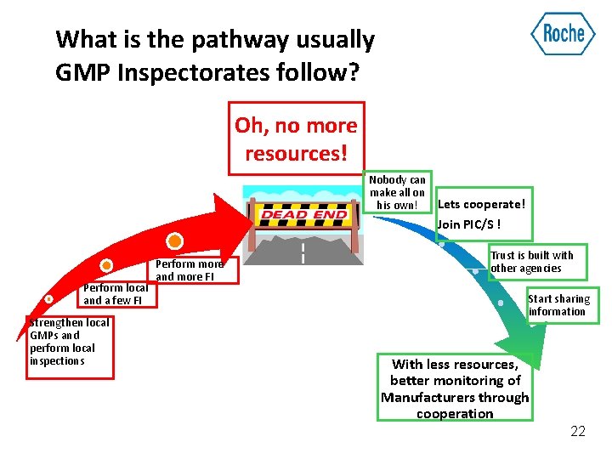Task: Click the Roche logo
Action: tap(563, 34)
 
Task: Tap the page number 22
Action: tap(578, 432)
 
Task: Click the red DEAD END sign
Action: tap(303, 215)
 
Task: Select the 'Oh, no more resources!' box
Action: tap(296, 139)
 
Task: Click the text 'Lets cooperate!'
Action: tap(481, 204)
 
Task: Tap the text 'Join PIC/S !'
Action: tap(468, 224)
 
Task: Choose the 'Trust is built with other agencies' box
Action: tap(533, 262)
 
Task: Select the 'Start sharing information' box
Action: tap(559, 305)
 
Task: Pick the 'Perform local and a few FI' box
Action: tap(116, 294)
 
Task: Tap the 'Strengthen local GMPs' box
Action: tap(70, 342)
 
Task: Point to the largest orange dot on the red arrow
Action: tap(174, 241)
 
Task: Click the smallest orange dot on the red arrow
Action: tap(49, 299)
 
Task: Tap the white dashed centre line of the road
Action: tap(303, 252)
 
